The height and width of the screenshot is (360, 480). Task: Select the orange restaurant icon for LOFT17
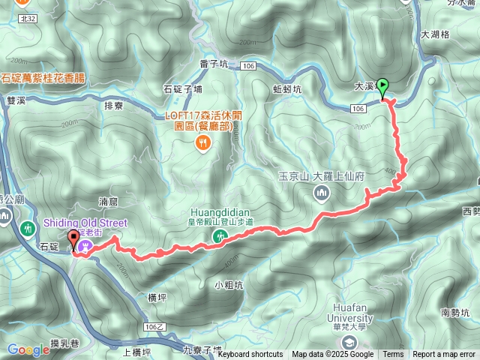tap(202, 142)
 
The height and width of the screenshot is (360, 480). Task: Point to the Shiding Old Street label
tap(85, 223)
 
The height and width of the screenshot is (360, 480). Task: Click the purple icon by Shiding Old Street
tap(87, 245)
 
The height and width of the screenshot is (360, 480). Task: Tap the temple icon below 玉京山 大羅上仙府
tap(320, 193)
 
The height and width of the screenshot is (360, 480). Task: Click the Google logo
tap(28, 349)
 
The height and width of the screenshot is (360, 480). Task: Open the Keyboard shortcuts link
tap(250, 355)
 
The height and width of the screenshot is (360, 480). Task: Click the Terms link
tap(393, 355)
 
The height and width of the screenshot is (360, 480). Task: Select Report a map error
tap(444, 355)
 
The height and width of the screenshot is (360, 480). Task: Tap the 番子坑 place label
tap(214, 65)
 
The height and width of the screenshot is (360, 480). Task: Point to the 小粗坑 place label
tap(229, 284)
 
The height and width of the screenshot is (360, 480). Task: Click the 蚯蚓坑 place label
tap(287, 88)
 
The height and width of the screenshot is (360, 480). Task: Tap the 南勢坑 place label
tap(456, 313)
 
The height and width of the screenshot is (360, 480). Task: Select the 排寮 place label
tap(114, 106)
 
